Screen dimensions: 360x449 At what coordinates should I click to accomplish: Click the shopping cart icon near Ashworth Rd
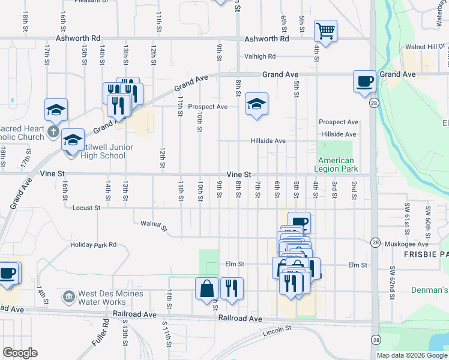click(x=325, y=31)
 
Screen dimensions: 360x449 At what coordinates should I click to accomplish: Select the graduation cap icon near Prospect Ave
click(x=256, y=104)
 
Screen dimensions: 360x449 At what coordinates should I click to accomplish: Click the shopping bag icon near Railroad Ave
click(x=206, y=288)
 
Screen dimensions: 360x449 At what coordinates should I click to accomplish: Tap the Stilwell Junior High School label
click(x=103, y=151)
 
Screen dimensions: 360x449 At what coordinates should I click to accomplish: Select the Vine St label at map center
click(x=238, y=174)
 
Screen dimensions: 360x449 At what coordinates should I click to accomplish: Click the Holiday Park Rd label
click(x=92, y=245)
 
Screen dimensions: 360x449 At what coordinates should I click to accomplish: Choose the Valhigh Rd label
click(x=259, y=56)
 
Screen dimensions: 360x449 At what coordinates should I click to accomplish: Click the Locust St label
click(x=85, y=208)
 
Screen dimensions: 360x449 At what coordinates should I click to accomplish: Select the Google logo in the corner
click(x=20, y=353)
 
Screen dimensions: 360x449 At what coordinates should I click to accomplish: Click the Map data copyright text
click(x=411, y=355)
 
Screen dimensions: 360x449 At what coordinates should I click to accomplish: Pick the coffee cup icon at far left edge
click(x=8, y=273)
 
